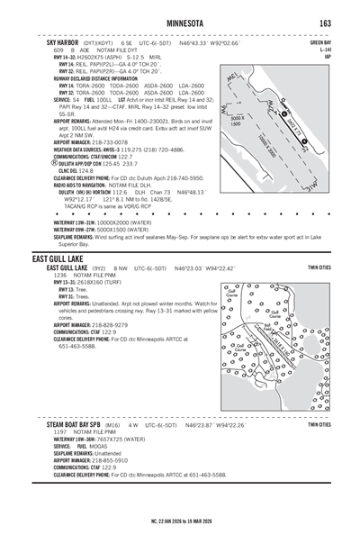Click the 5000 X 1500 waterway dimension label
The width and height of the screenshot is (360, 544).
pos(237,121)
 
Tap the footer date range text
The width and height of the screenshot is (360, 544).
pos(180,521)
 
